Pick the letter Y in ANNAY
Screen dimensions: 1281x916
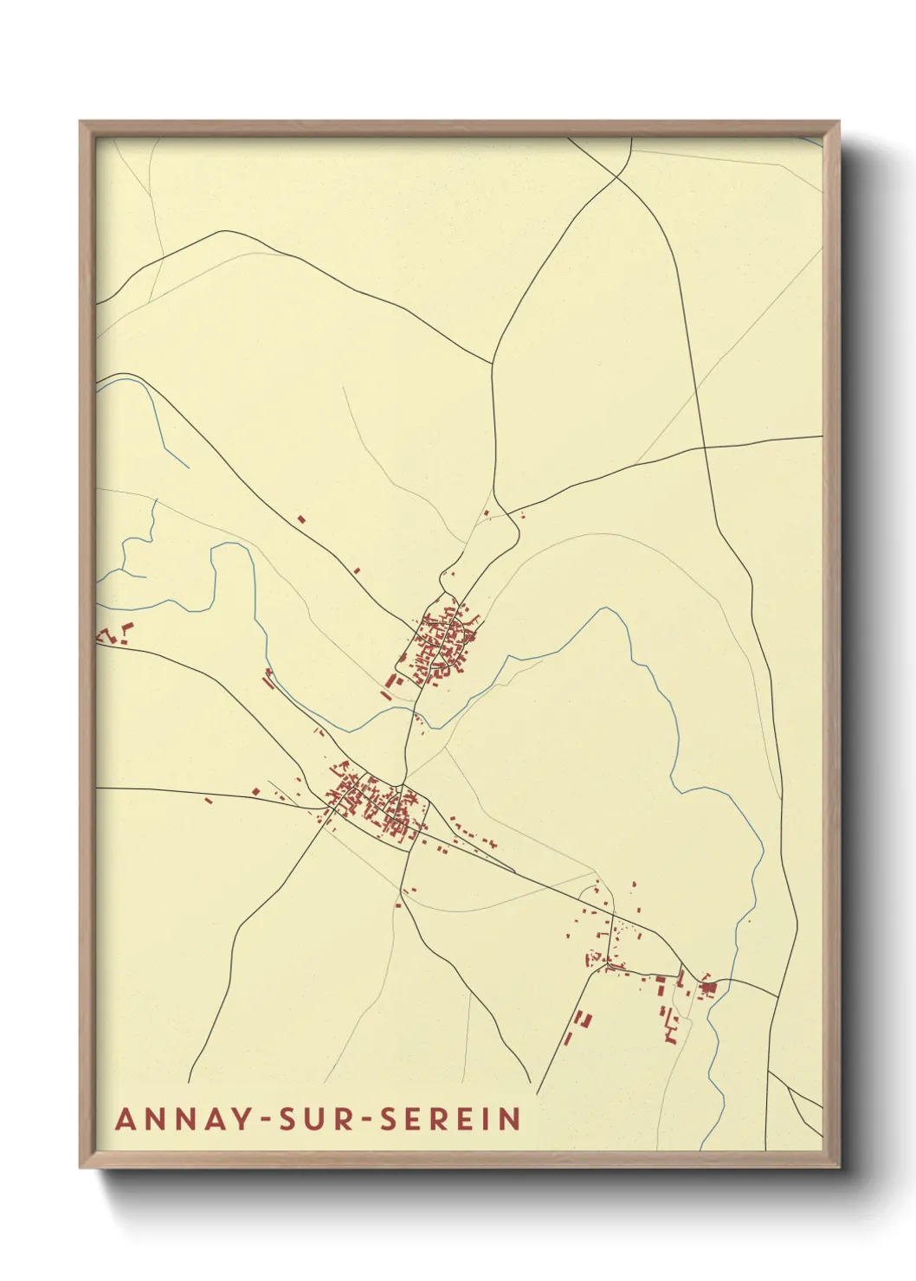pyautogui.click(x=228, y=1119)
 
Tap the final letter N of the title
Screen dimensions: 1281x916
pyautogui.click(x=512, y=1119)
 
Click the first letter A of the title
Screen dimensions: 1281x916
pyautogui.click(x=126, y=1119)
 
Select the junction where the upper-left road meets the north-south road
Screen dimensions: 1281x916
pyautogui.click(x=493, y=363)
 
